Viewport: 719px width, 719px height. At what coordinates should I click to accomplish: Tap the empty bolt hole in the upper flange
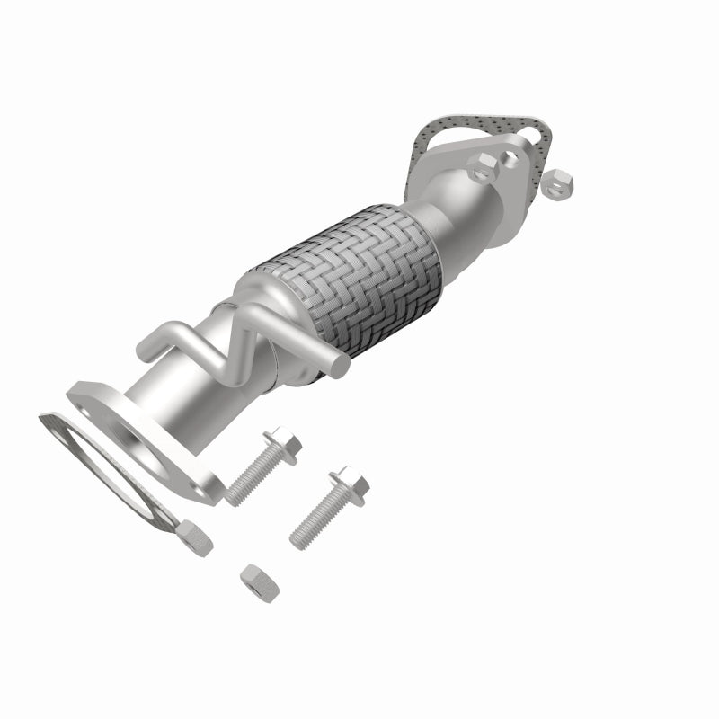click(x=511, y=158)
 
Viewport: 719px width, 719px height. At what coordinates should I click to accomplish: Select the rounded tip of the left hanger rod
click(x=144, y=345)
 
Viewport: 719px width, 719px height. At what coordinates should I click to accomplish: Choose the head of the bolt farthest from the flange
click(x=348, y=485)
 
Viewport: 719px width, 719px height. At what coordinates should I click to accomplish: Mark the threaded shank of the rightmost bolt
click(x=315, y=520)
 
